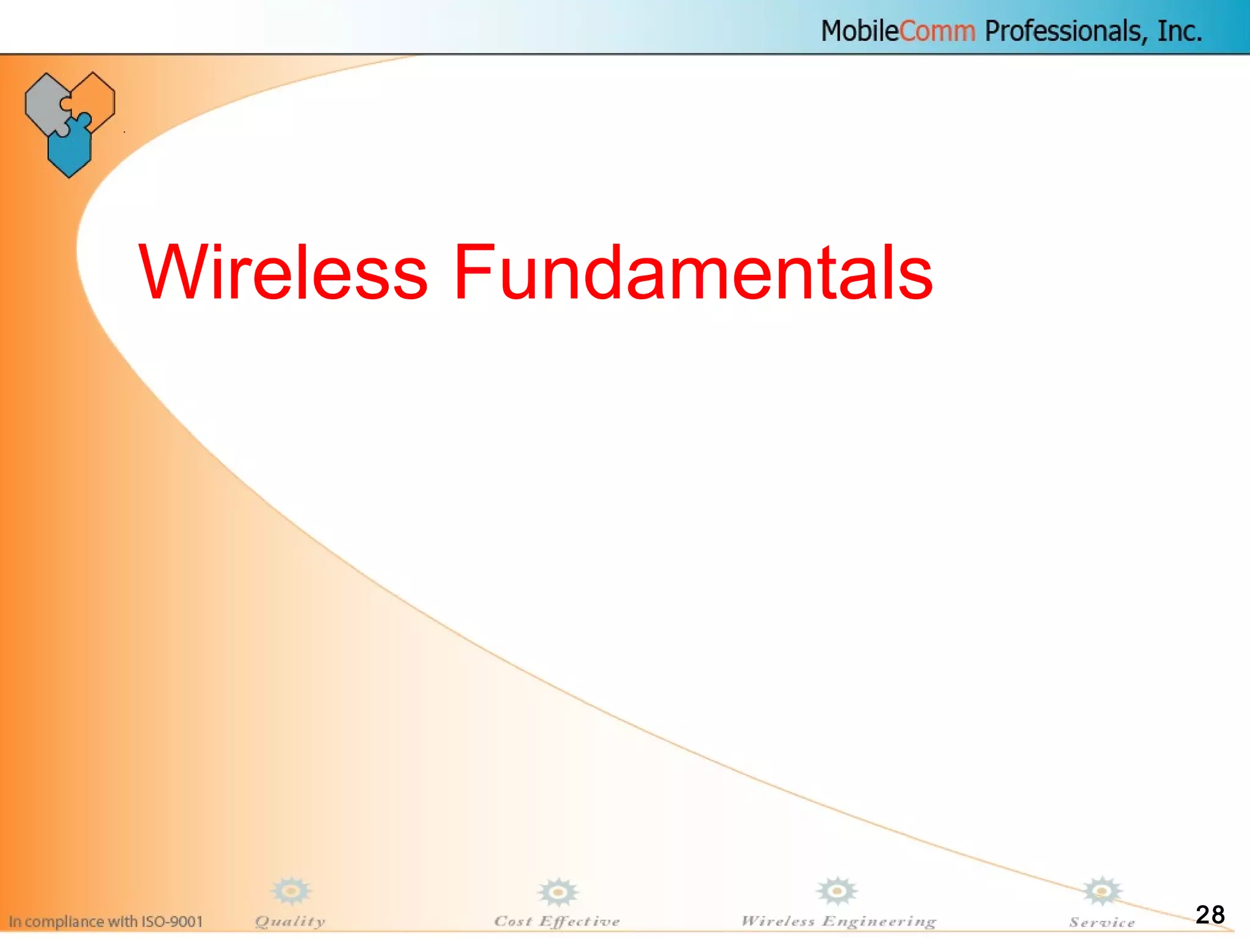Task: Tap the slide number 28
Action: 1210,914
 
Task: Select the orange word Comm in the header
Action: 937,31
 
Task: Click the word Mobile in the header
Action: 859,31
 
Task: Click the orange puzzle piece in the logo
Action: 95,98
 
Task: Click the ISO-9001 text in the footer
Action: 172,921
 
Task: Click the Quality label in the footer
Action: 290,921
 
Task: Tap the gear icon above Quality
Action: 291,891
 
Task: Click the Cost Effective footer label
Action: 557,921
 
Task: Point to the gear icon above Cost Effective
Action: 558,892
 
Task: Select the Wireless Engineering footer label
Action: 839,921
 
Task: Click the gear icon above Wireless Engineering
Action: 837,891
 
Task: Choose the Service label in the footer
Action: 1102,922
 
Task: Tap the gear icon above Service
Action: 1102,891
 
